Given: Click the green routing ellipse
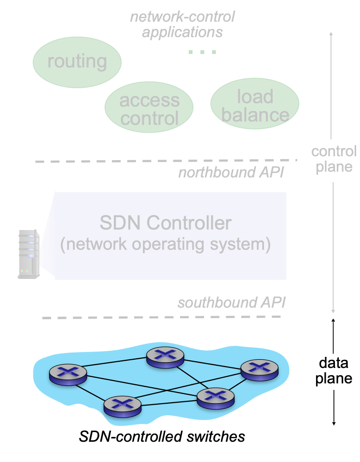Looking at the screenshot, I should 77,61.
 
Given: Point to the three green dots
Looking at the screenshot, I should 202,52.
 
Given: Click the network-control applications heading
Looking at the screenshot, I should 182,24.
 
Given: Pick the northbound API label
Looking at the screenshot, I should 232,172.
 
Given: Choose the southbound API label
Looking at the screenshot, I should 232,303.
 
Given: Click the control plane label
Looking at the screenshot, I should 333,159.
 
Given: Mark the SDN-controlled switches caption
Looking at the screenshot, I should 162,437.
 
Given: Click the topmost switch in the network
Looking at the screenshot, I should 166,356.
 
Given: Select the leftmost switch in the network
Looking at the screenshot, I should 68,374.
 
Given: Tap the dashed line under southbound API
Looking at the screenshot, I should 162,317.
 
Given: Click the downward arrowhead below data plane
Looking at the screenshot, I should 333,423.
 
